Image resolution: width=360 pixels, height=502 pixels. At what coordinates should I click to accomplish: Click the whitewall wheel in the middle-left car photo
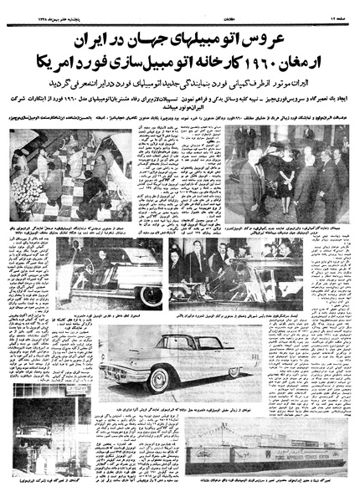pos(151,295)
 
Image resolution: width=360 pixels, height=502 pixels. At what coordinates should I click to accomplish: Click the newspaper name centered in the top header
pos(180,14)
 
